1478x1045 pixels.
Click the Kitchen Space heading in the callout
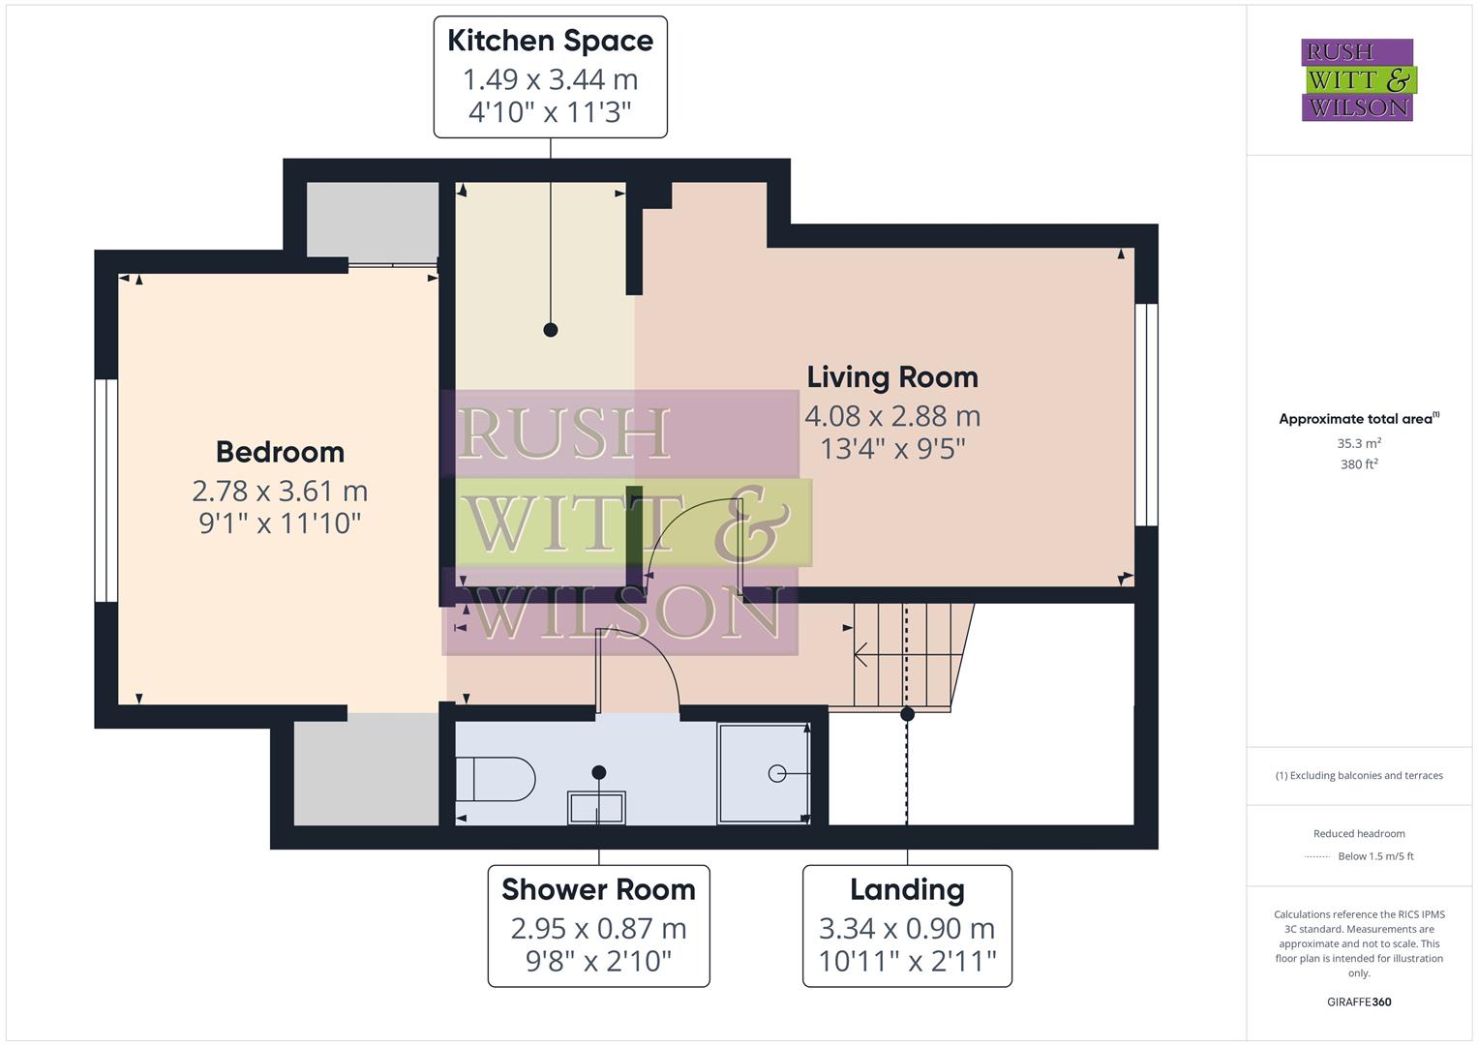click(x=550, y=41)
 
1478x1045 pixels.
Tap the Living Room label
click(x=892, y=376)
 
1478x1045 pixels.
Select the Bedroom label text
click(x=280, y=452)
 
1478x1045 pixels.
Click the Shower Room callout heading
click(x=598, y=889)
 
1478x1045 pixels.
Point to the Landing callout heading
click(x=907, y=889)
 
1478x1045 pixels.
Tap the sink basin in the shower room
click(x=597, y=807)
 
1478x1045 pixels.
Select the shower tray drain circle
click(x=776, y=773)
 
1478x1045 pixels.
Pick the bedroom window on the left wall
click(x=106, y=491)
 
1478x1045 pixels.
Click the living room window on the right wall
click(x=1146, y=415)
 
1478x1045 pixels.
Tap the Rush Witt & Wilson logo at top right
click(x=1357, y=80)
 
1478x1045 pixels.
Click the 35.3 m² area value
click(x=1359, y=444)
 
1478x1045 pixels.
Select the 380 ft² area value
click(x=1359, y=464)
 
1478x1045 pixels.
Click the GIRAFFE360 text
click(x=1359, y=1001)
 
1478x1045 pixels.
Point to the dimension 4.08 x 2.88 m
click(x=892, y=416)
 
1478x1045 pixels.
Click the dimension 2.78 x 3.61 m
click(x=280, y=492)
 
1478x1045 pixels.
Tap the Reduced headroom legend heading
click(x=1359, y=833)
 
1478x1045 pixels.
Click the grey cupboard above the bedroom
click(x=373, y=220)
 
